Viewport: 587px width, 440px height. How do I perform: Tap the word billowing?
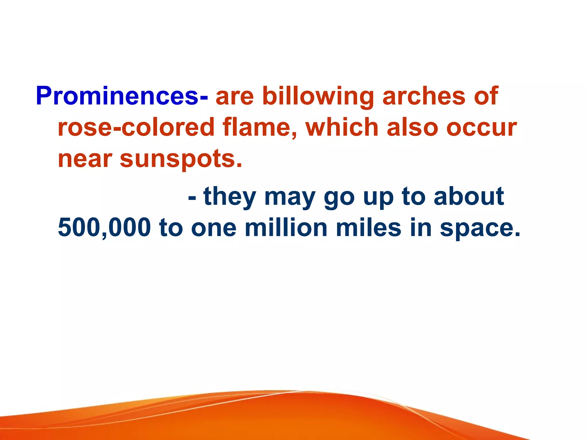click(x=318, y=97)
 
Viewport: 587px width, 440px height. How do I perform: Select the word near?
click(x=85, y=159)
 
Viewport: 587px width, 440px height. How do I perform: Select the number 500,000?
click(x=104, y=228)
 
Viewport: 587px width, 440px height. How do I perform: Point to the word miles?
click(x=369, y=228)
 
